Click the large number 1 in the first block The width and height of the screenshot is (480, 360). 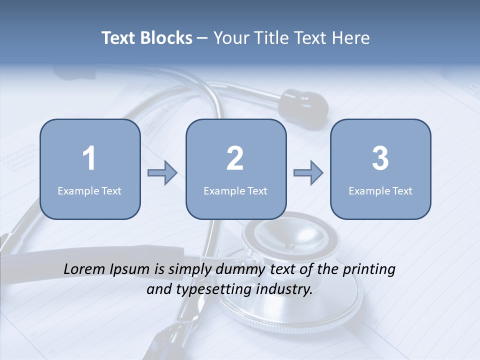89,158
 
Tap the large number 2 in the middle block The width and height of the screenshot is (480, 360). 235,158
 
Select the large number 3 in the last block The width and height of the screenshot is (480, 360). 380,158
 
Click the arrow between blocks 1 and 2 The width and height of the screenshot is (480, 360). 162,173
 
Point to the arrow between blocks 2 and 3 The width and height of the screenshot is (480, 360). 308,173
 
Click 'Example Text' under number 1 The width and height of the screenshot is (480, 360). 89,191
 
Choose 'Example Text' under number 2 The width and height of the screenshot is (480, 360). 235,191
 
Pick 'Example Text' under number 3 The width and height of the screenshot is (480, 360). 380,191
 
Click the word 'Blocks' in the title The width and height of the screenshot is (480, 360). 166,38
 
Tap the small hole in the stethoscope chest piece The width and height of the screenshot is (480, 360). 290,246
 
